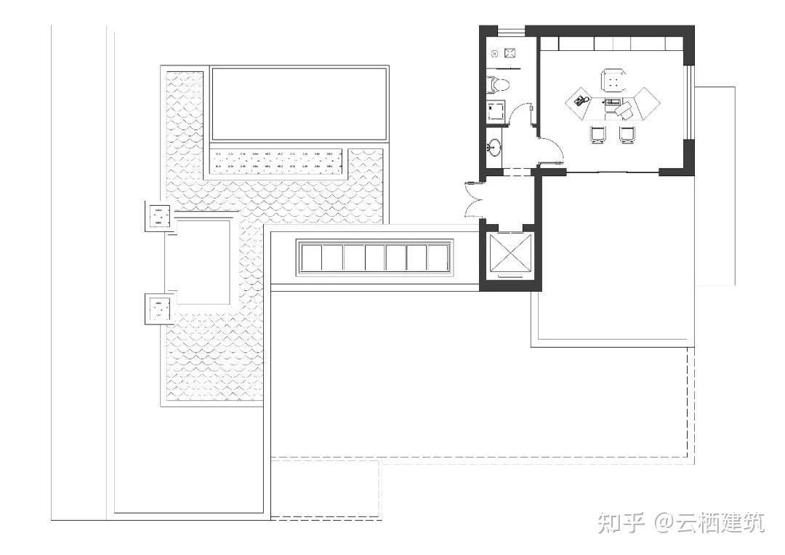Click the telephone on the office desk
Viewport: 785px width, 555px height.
(x=580, y=100)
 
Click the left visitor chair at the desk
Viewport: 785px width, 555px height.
(x=597, y=135)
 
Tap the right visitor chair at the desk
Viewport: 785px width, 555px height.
(x=627, y=135)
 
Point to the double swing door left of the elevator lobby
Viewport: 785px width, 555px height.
(x=474, y=199)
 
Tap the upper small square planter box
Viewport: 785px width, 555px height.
(x=158, y=217)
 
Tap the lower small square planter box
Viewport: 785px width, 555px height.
(x=158, y=308)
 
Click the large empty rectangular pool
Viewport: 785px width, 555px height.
(x=299, y=104)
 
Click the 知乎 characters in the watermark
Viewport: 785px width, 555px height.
(x=621, y=523)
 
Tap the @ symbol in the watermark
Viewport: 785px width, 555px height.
(x=664, y=524)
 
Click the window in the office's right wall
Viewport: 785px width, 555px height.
(x=690, y=102)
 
